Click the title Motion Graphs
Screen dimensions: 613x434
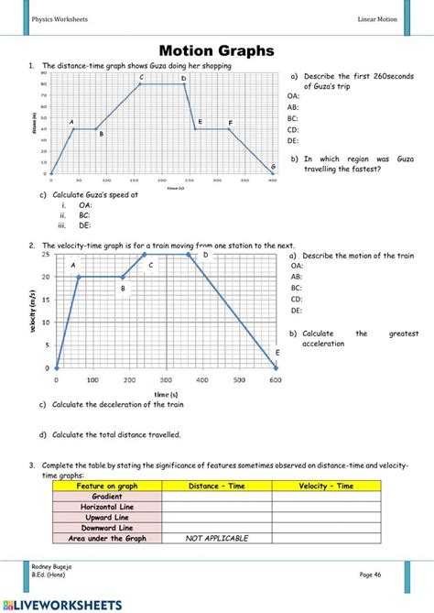pos(217,50)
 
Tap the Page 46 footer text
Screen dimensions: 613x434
pos(371,573)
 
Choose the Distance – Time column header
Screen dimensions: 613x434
pos(216,486)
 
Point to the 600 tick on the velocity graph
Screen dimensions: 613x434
pos(276,378)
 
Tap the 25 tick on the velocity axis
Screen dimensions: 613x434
pos(47,253)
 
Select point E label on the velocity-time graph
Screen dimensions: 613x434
pos(277,352)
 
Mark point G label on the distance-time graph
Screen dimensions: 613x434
pos(273,166)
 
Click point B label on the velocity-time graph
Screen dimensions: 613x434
pos(122,288)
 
